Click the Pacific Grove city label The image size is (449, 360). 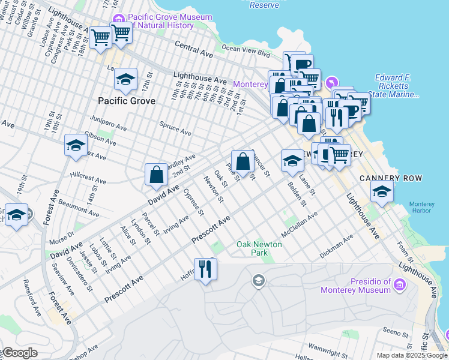[x=127, y=101]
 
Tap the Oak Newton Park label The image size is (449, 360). [x=260, y=248]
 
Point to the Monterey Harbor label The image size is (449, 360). [x=421, y=208]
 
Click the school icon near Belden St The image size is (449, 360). [x=292, y=160]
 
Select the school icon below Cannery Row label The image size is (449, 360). [x=382, y=191]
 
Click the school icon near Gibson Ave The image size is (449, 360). [x=76, y=145]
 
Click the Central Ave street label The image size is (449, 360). [x=194, y=49]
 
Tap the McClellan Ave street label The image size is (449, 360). [x=299, y=223]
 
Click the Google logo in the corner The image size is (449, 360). [x=19, y=353]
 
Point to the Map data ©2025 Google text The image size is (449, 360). [x=412, y=355]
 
